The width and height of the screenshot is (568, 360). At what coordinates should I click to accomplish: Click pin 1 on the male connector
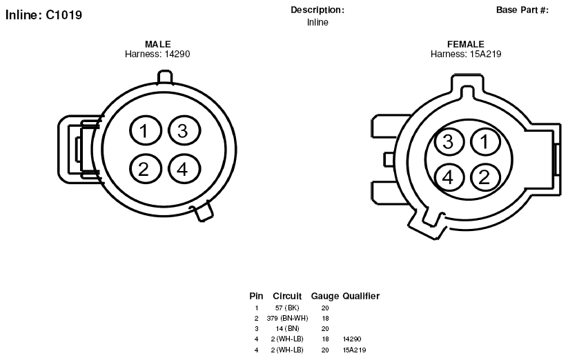click(x=145, y=130)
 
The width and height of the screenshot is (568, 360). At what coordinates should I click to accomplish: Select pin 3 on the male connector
click(x=184, y=130)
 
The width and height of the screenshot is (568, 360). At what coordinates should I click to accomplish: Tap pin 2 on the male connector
click(x=145, y=169)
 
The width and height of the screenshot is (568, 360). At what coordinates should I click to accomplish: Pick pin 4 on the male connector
click(x=184, y=169)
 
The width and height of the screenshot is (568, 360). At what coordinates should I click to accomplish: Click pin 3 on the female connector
click(x=449, y=141)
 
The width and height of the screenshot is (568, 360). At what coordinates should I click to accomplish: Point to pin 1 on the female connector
click(x=485, y=141)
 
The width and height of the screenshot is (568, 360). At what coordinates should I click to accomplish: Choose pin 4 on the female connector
click(x=449, y=177)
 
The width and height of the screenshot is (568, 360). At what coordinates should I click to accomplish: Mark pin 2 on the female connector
click(x=485, y=177)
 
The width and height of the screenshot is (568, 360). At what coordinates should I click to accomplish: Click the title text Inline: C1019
click(x=44, y=15)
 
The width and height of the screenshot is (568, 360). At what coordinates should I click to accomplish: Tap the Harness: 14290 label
click(x=157, y=54)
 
